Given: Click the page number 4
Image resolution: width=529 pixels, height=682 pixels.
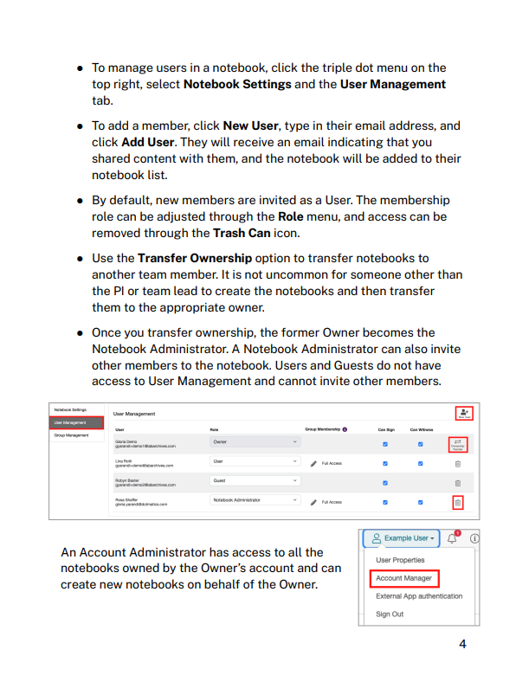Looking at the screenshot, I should click(462, 644).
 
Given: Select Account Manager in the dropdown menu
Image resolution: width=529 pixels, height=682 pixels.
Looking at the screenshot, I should click(403, 577).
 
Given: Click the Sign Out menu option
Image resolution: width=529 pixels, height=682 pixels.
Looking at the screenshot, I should click(390, 614).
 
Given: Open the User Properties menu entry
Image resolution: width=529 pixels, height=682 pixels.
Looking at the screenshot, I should click(400, 560).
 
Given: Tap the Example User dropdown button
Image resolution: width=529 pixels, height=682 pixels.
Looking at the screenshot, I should click(401, 537).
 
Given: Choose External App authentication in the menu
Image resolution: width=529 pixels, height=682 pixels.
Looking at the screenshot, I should click(419, 595).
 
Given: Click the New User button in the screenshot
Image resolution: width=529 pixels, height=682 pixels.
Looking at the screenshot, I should click(464, 412).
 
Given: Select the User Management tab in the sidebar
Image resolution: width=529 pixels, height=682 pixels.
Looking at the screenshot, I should click(77, 422).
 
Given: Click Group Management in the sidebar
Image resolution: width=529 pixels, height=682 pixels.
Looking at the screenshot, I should click(72, 435).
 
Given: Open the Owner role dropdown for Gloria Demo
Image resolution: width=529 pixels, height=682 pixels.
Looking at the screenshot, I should click(255, 442).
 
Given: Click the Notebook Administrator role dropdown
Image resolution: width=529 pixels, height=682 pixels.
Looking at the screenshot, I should click(255, 500).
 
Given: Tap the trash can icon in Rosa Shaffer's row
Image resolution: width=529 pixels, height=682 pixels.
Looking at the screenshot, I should click(458, 501).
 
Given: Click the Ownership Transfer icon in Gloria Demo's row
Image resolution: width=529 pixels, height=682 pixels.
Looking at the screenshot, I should click(458, 443).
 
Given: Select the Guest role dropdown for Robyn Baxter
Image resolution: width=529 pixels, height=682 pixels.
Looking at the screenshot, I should click(255, 480).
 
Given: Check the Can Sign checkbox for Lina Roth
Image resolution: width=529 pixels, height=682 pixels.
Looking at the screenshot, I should click(385, 462).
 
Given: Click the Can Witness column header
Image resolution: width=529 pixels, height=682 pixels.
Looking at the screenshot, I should click(421, 428).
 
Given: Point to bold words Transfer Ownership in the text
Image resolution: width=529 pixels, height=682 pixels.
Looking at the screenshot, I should click(195, 258).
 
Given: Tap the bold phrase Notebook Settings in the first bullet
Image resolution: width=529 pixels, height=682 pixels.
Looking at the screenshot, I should click(237, 84).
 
